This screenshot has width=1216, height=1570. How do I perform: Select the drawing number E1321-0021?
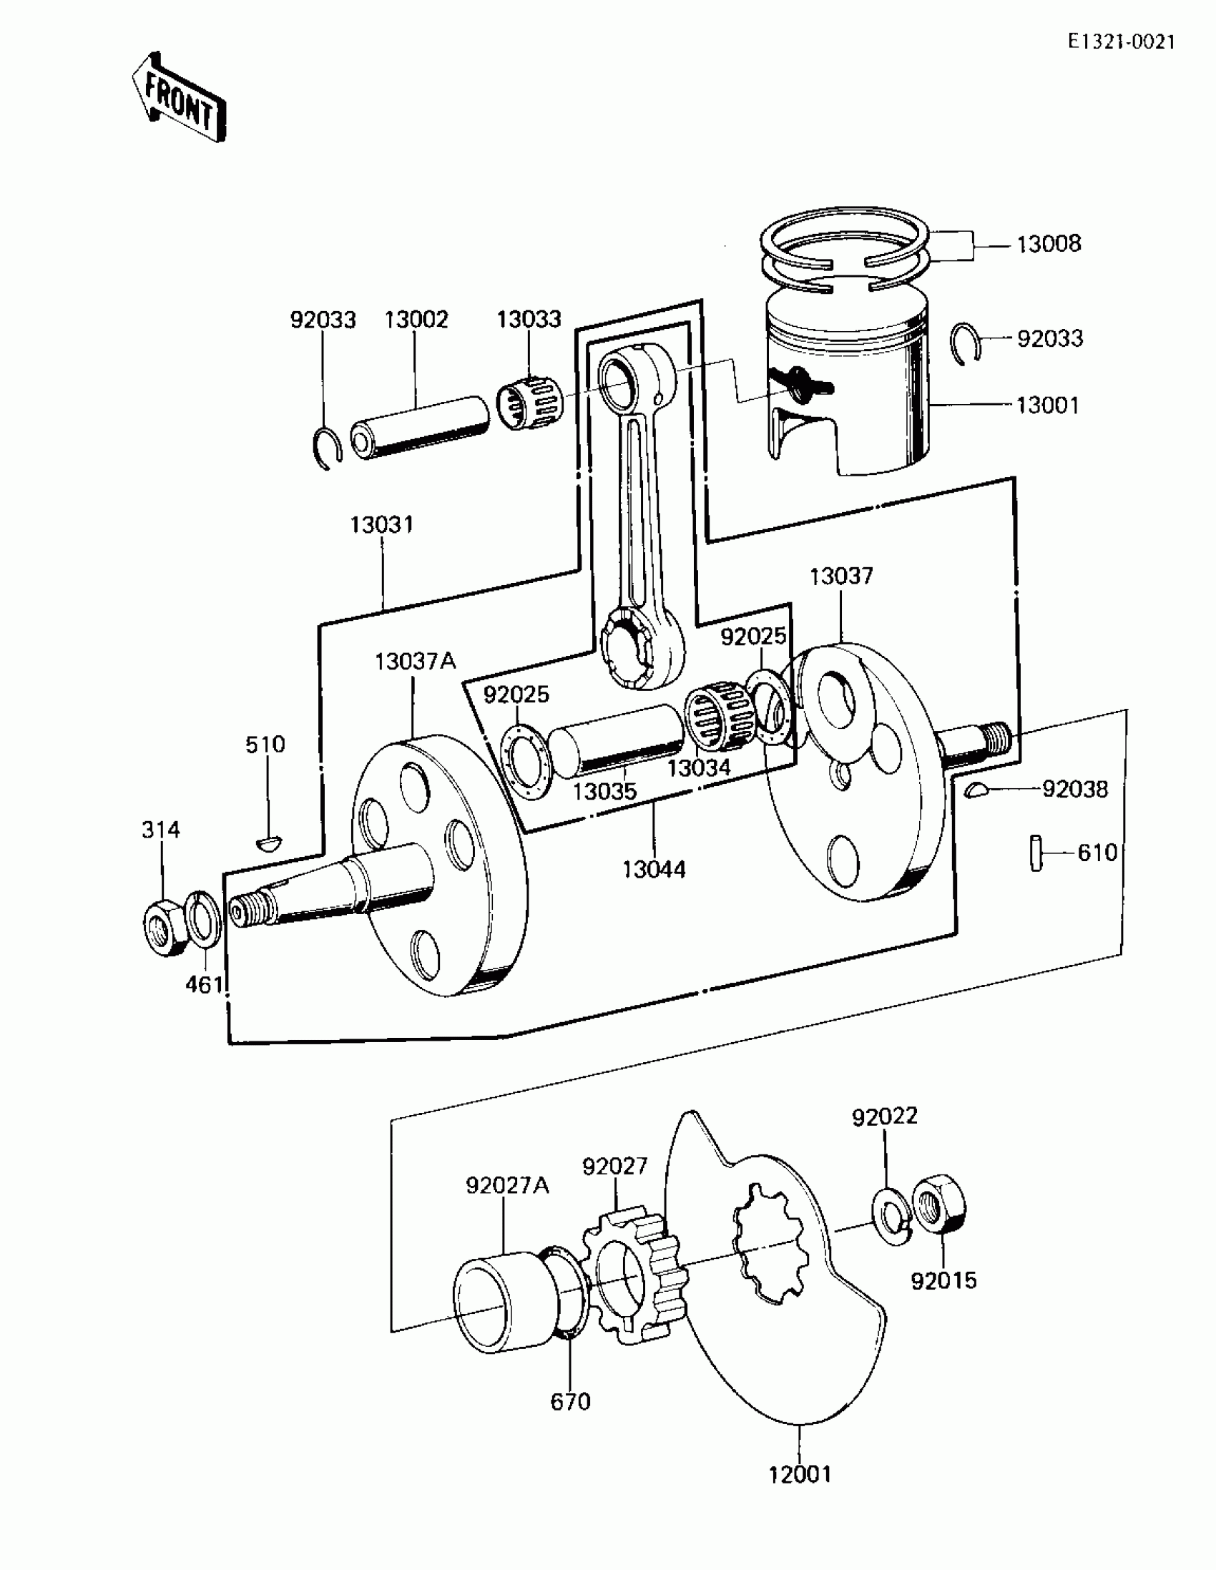1121,42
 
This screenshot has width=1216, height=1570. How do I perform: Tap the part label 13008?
1048,245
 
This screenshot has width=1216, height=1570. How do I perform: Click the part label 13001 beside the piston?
1047,406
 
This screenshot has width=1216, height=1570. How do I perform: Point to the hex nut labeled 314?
165,926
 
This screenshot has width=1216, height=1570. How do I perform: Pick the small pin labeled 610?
1036,853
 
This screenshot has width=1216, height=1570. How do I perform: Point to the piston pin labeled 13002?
419,428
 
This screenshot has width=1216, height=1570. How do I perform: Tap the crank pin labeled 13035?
617,741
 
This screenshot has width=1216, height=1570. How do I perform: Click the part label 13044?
654,870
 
